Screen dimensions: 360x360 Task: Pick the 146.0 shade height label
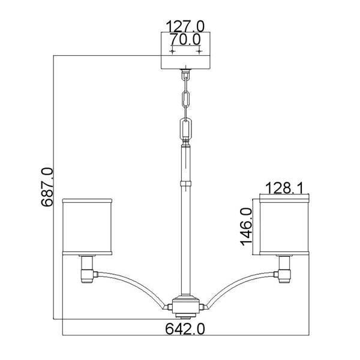(245, 226)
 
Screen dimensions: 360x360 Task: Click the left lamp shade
(88, 225)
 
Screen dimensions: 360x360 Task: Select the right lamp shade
(284, 225)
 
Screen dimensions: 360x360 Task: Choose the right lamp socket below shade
(284, 268)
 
